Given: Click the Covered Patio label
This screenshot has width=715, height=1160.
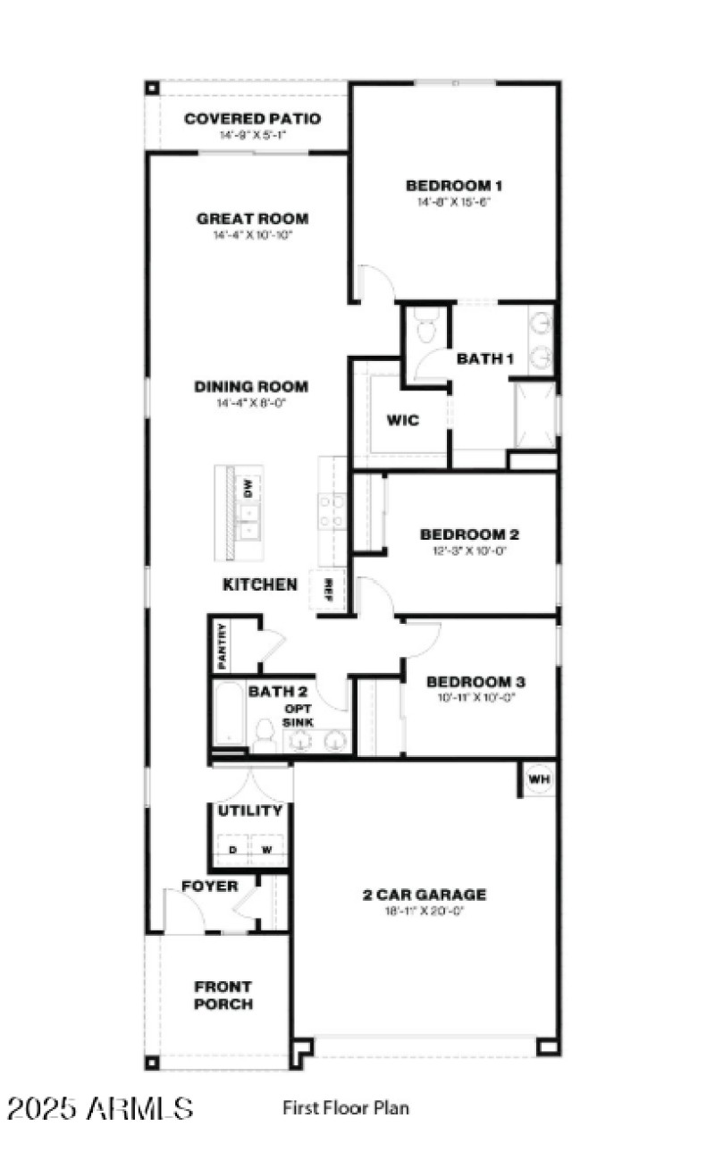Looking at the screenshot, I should click(x=252, y=119).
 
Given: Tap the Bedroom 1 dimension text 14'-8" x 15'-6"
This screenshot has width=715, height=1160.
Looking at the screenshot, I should click(x=454, y=202).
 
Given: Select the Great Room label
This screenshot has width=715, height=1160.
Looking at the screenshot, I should click(x=253, y=219).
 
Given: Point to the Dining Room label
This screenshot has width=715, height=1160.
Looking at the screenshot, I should click(x=251, y=387).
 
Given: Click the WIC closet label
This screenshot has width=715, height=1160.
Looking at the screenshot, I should click(x=403, y=420).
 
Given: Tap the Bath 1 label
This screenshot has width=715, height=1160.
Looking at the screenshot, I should click(x=485, y=359).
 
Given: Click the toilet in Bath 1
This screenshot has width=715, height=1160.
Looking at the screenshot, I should click(x=426, y=328).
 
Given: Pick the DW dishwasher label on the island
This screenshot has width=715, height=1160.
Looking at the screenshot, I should click(x=248, y=488).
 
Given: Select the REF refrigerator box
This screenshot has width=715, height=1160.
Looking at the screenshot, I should click(x=328, y=589).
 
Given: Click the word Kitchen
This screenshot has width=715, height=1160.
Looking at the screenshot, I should click(x=260, y=584).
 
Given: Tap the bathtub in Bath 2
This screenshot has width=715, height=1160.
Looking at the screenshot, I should click(x=229, y=713).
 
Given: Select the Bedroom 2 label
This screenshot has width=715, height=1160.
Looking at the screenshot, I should click(x=469, y=534).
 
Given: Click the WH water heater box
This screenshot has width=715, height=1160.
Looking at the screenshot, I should click(x=539, y=778).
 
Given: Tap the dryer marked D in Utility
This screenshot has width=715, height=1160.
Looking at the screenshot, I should click(x=232, y=850).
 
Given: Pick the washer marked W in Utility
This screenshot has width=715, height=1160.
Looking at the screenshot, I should click(x=266, y=850).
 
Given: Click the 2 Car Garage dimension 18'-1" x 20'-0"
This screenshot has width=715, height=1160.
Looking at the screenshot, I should click(x=425, y=911).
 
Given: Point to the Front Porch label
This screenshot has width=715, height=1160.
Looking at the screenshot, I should click(x=223, y=996).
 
